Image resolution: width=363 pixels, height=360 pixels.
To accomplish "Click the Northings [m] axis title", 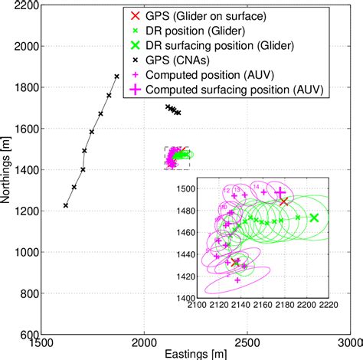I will coord(7,170).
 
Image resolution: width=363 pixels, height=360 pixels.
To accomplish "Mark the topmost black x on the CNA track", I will coord(116,77).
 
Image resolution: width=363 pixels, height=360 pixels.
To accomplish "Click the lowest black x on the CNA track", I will coord(65,205).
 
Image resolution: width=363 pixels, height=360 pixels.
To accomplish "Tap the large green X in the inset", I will coord(313,218).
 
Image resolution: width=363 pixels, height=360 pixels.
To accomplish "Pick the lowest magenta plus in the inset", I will coord(237,280).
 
